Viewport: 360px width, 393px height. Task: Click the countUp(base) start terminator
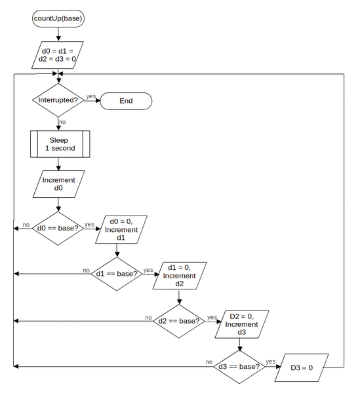(58, 18)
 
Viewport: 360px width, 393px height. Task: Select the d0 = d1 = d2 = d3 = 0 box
(58, 55)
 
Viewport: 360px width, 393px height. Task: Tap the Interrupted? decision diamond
(58, 100)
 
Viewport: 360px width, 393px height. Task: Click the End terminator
(126, 101)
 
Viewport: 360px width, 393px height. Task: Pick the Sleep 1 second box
(60, 144)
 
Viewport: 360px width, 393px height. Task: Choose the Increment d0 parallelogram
(59, 184)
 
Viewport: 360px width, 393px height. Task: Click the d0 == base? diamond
(58, 229)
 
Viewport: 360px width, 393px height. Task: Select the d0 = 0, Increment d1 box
(121, 229)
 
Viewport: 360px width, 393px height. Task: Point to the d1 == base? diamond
(117, 274)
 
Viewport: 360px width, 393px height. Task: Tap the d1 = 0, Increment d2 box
(180, 276)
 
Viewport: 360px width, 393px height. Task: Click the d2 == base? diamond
(179, 321)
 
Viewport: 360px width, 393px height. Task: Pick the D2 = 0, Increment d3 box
(242, 324)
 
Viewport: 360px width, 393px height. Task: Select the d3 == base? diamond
(239, 367)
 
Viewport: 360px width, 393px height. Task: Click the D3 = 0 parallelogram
(302, 367)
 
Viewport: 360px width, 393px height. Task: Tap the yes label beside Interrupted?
(91, 96)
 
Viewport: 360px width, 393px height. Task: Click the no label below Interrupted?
(62, 122)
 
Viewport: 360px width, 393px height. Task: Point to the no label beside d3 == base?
(209, 362)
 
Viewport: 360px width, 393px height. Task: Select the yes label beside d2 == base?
(212, 317)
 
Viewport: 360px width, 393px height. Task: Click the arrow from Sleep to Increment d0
(58, 164)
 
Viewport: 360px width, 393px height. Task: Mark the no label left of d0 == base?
(26, 225)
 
